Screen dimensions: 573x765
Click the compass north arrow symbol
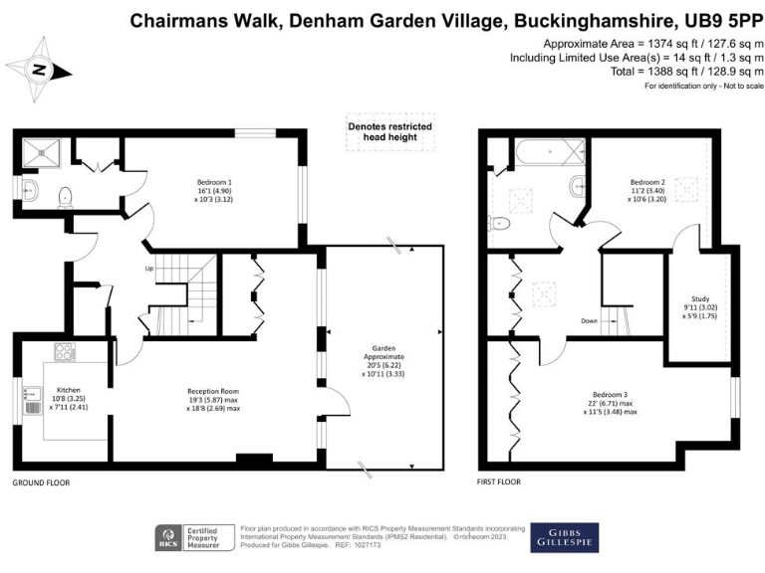[x=39, y=70]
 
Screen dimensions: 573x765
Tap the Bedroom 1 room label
[x=215, y=189]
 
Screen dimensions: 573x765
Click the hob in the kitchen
[x=64, y=351]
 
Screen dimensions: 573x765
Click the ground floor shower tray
[x=42, y=152]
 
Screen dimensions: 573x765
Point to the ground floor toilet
[x=66, y=195]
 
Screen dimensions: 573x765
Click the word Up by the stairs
[x=150, y=269]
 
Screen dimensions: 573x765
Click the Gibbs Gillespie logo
[x=564, y=537]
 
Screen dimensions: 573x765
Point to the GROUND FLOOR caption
[x=40, y=481]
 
